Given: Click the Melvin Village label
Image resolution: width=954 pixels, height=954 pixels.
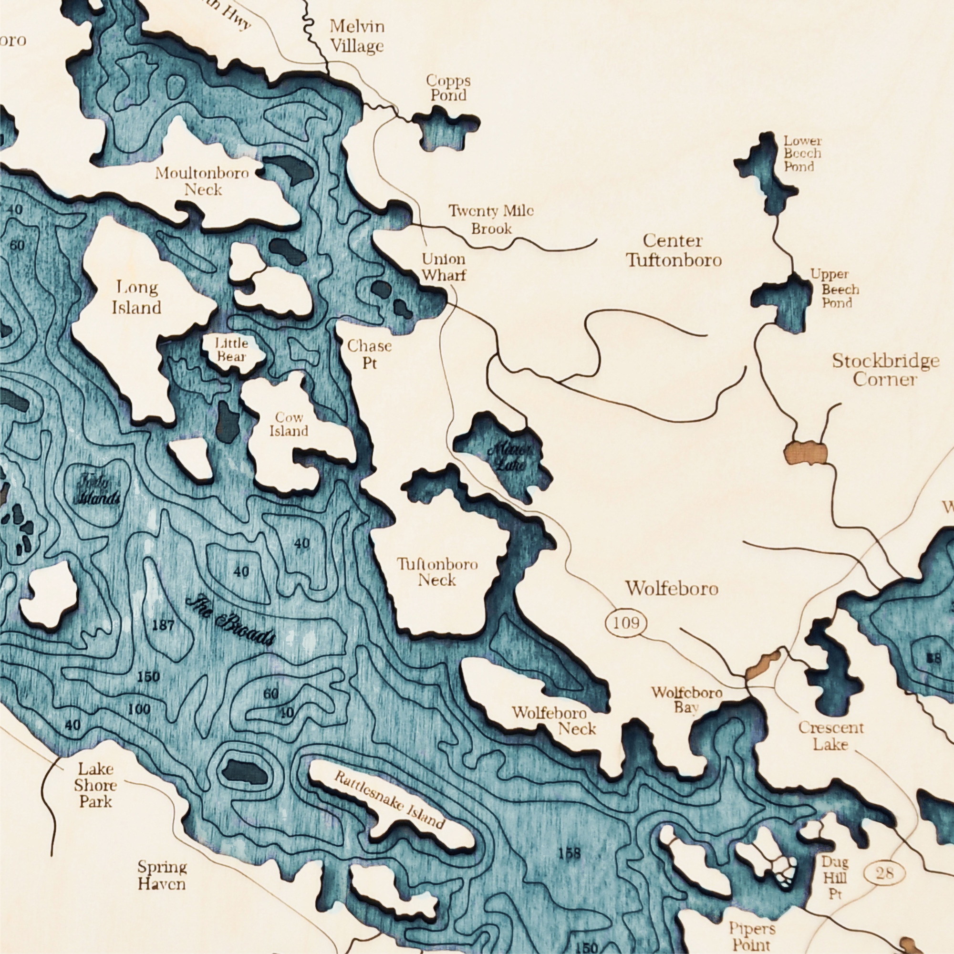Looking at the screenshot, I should (356, 36).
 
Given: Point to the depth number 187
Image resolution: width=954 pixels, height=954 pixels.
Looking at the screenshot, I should (163, 626).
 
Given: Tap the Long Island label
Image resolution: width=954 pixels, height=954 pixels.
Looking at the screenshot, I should (137, 297).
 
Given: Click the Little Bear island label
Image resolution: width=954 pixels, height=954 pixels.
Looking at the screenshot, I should (231, 349).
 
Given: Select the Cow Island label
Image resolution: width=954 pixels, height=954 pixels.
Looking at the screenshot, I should (289, 424).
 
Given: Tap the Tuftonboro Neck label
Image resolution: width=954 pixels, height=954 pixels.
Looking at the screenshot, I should (437, 572).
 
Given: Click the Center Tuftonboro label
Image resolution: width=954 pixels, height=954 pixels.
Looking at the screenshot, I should (674, 250).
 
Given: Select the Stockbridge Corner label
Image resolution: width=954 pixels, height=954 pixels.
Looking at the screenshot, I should (885, 369).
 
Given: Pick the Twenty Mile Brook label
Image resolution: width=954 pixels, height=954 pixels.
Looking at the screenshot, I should (491, 219).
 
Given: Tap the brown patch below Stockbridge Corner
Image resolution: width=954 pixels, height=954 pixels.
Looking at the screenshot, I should (805, 452).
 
